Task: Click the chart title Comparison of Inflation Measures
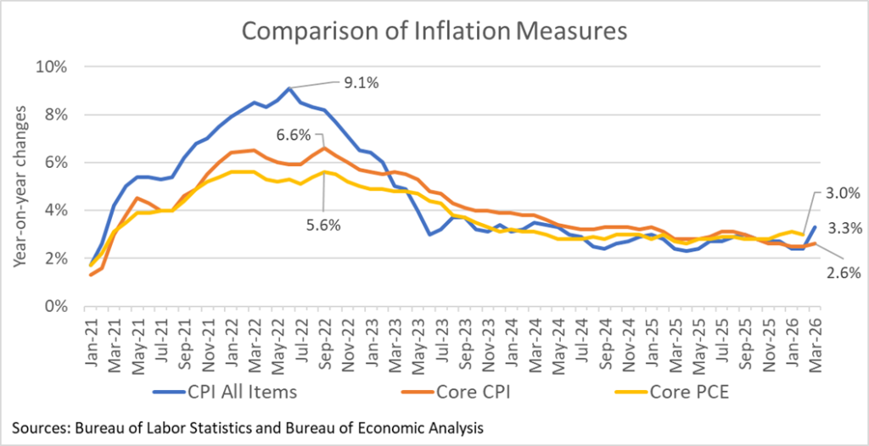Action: [x=434, y=31]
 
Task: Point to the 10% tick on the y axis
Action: [x=53, y=67]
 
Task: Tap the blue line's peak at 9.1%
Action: [x=289, y=88]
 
